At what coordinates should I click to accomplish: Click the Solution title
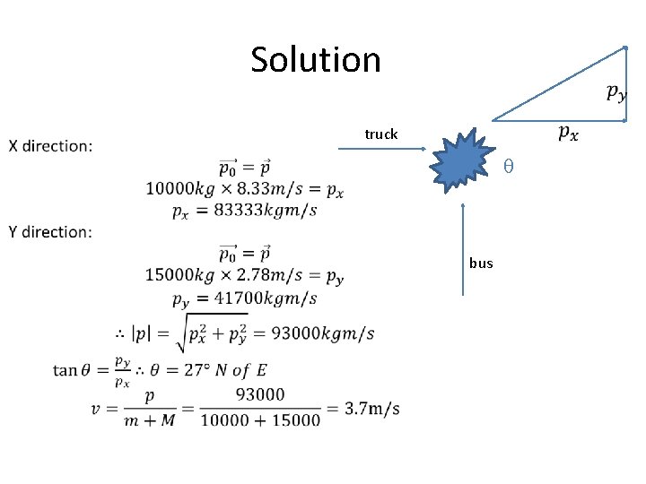[316, 60]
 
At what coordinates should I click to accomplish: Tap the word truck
[380, 134]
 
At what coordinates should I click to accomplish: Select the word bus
[481, 264]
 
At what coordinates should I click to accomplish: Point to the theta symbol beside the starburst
[507, 167]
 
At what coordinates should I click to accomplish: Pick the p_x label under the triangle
[568, 134]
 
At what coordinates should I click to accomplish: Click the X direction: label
[50, 146]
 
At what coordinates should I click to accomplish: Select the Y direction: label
[50, 232]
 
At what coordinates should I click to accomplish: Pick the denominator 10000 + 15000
[259, 419]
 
